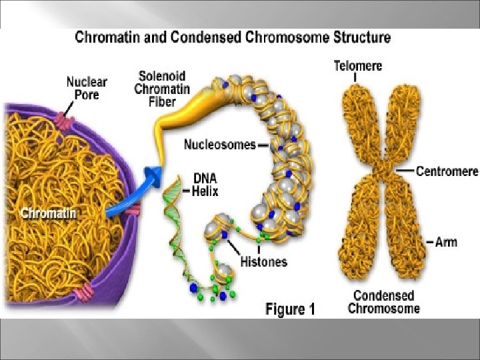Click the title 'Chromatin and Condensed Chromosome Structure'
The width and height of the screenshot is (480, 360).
point(233,37)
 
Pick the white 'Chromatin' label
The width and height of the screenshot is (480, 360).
point(48,195)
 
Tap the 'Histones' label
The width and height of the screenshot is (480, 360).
point(265,261)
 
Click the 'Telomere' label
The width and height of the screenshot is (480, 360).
point(357,65)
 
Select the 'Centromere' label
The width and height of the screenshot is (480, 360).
point(447,171)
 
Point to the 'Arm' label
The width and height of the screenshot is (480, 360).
point(446,241)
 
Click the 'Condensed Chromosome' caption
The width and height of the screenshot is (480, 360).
point(384,301)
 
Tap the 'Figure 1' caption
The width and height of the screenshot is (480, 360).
point(290,309)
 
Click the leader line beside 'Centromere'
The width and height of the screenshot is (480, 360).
point(405,171)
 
